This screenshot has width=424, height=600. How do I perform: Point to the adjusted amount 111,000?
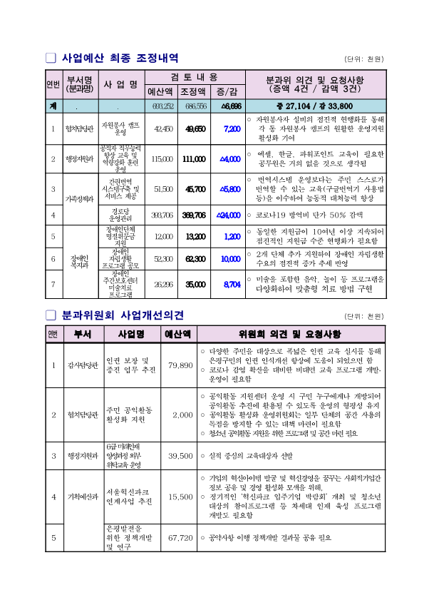(x=194, y=158)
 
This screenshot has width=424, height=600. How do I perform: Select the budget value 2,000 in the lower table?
(x=182, y=415)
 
